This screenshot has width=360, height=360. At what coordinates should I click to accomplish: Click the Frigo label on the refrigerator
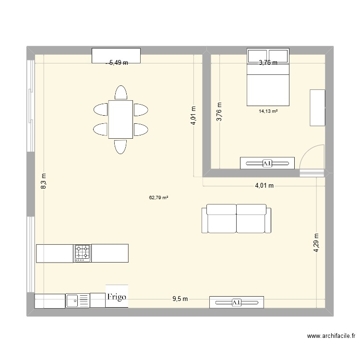pos(117,297)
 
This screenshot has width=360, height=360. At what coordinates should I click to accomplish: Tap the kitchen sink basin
pos(73,301)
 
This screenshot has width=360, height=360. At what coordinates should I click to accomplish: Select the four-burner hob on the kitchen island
pos(82,253)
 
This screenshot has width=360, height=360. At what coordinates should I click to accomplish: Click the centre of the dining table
pos(120,119)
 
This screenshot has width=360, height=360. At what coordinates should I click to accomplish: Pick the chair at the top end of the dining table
pos(120,93)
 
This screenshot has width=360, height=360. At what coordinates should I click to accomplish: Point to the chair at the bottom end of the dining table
pos(120,146)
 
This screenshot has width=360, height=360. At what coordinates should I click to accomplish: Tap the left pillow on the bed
pos(258,56)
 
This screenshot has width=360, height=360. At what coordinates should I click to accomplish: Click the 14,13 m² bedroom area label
pos(268,111)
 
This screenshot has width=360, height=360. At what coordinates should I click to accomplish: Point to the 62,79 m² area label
pos(158,197)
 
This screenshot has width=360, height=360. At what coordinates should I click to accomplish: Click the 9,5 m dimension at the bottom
pos(180,299)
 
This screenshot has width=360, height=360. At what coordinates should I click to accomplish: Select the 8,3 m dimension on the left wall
pos(44,181)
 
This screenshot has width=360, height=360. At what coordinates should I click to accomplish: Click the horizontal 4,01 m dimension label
pos(264,186)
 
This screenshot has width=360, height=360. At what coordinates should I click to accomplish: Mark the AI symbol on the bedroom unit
pos(267,164)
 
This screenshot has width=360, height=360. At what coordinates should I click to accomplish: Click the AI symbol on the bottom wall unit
pos(236,302)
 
